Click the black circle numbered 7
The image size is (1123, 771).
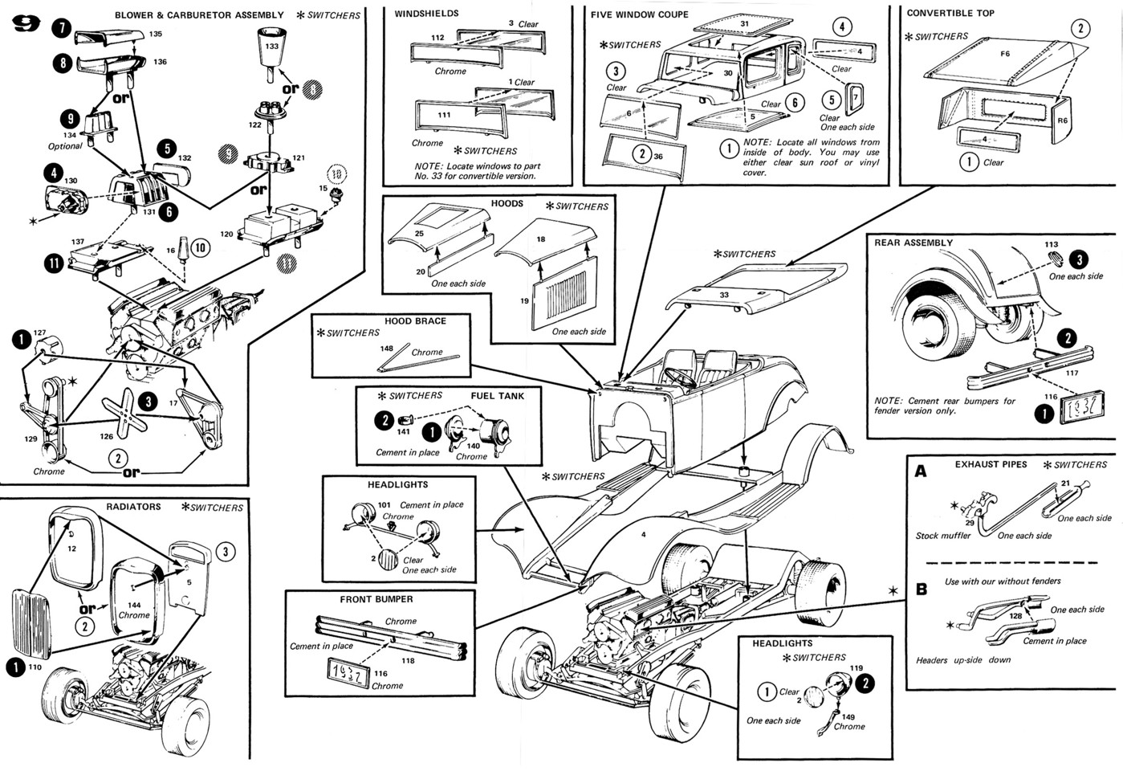pyautogui.click(x=62, y=28)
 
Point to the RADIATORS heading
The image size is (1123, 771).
pyautogui.click(x=133, y=507)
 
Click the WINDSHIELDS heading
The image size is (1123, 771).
pyautogui.click(x=426, y=14)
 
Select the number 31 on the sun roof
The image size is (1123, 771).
pyautogui.click(x=744, y=24)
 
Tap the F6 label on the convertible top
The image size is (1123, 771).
pyautogui.click(x=1005, y=54)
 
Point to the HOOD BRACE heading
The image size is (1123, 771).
pyautogui.click(x=415, y=320)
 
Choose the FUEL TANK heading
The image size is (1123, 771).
pyautogui.click(x=498, y=396)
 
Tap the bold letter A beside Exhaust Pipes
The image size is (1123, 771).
pyautogui.click(x=921, y=471)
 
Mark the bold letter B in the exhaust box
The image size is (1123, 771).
pyautogui.click(x=922, y=589)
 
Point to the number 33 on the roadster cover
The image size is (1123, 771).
pyautogui.click(x=723, y=295)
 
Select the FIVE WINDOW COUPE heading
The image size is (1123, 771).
pyautogui.click(x=639, y=14)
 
